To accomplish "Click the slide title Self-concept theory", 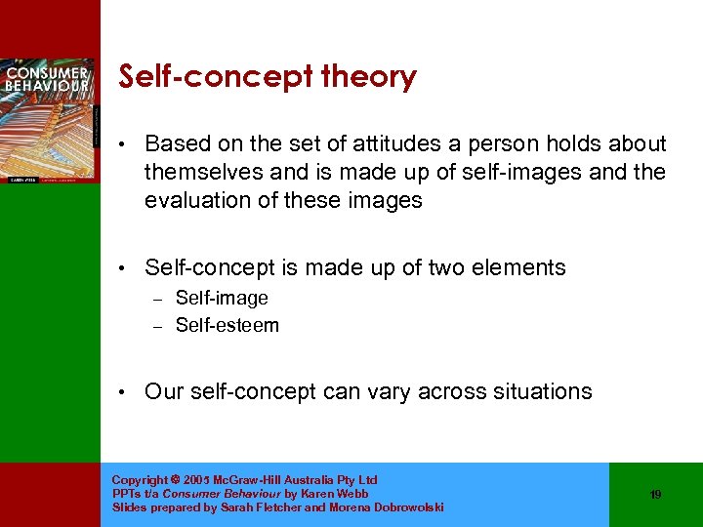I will tap(267, 77).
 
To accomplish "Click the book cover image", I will tap(48, 120).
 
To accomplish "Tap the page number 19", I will tap(655, 495).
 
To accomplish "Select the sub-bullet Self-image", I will tap(222, 298).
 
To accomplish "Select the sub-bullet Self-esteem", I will tap(227, 325).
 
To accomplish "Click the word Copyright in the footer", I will tap(140, 480).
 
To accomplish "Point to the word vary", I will tap(390, 391).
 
